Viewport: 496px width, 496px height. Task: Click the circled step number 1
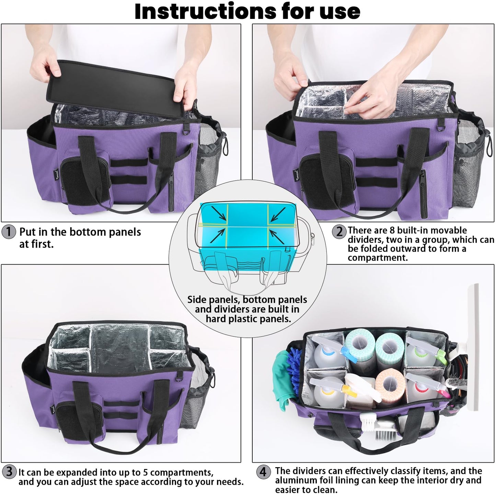point(9,232)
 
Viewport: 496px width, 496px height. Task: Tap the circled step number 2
point(339,231)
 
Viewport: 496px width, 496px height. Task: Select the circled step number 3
point(9,471)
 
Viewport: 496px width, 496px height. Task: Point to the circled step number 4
point(263,472)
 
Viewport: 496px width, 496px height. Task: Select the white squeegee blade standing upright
point(472,343)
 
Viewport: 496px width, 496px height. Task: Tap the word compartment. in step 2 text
point(378,258)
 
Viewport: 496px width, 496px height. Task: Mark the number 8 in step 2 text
point(392,230)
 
